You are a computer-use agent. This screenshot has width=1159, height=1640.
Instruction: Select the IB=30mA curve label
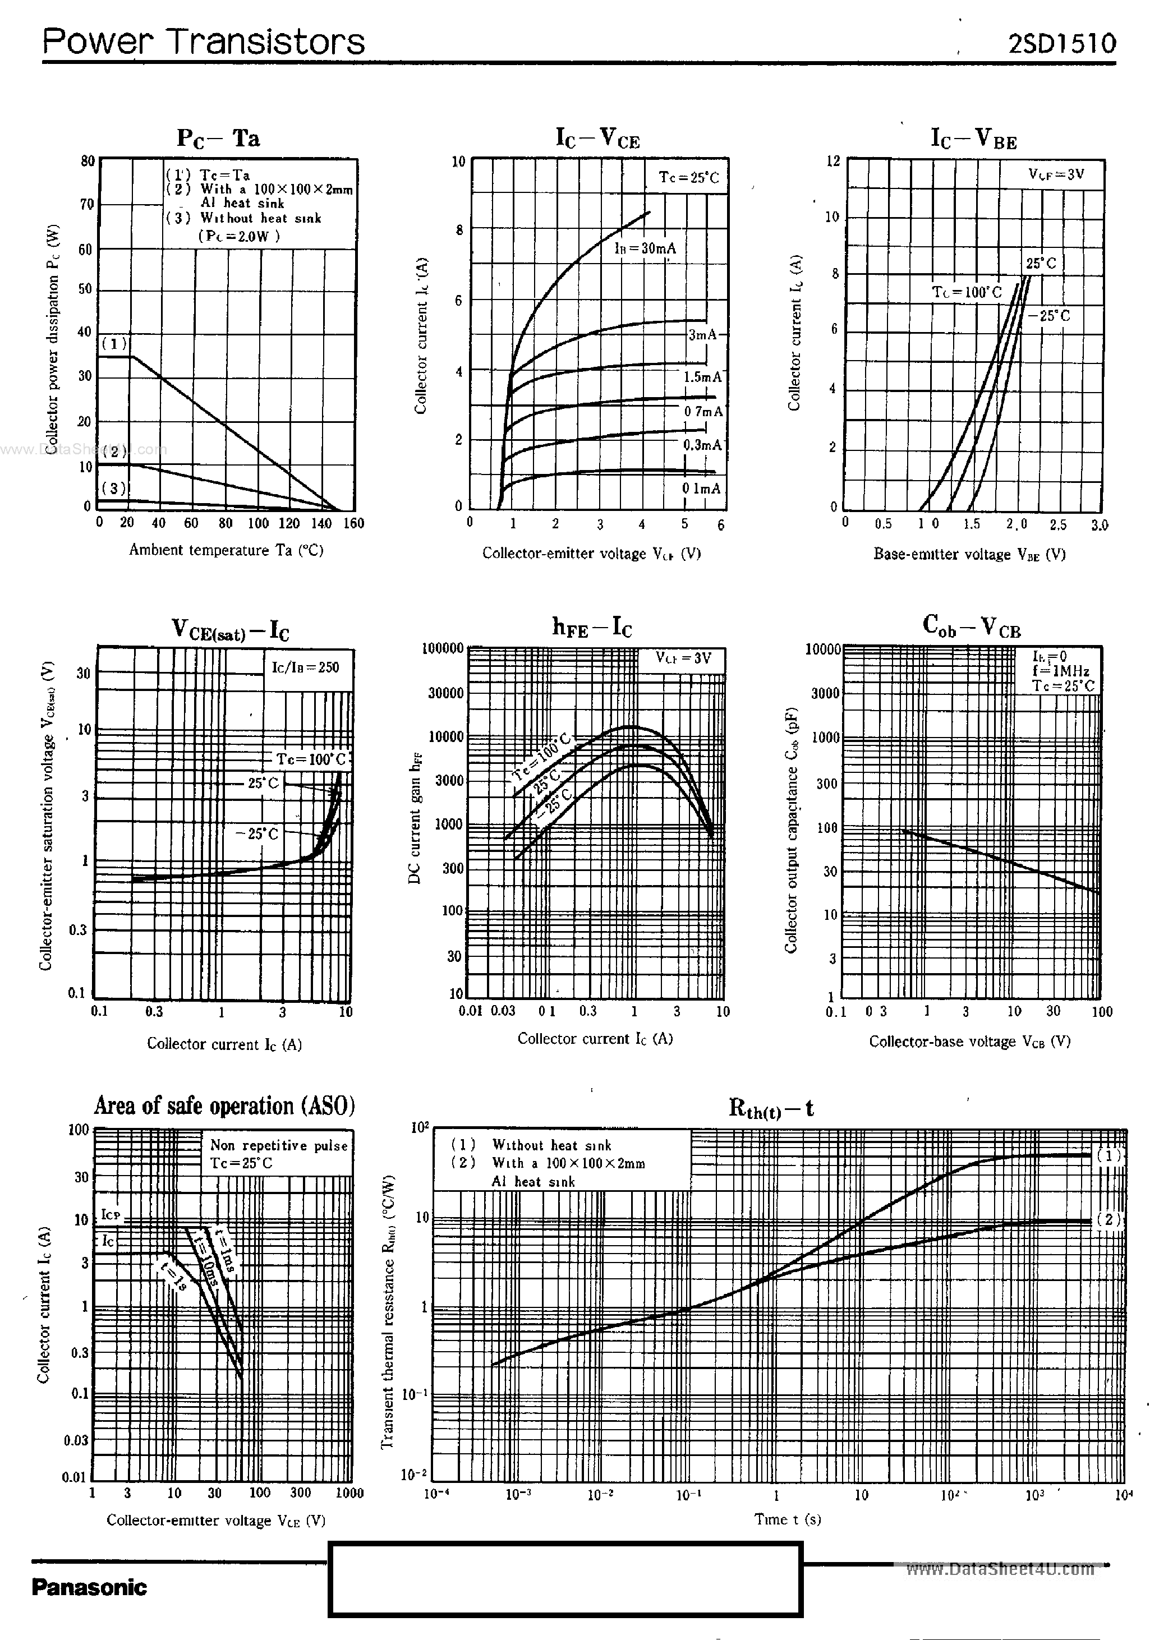tap(645, 248)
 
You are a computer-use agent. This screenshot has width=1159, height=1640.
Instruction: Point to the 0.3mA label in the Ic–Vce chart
tap(702, 445)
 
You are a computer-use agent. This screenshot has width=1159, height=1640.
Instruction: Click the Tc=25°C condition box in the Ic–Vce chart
tap(689, 177)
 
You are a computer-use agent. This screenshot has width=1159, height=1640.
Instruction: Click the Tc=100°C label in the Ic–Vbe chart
tap(966, 292)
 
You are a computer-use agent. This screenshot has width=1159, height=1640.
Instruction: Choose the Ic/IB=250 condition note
tap(305, 667)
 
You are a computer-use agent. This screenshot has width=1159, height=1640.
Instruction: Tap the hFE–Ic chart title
tap(592, 627)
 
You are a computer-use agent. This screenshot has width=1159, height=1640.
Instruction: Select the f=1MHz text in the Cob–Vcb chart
tap(1060, 671)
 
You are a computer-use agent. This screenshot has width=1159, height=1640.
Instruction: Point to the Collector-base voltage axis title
tap(969, 1042)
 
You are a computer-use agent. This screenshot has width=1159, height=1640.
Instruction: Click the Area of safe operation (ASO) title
tap(224, 1105)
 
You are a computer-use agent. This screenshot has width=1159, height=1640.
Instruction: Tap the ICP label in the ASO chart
tap(110, 1214)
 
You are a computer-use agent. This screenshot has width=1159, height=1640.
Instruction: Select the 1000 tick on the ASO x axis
tap(349, 1493)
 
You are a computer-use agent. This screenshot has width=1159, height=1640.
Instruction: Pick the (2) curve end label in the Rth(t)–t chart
tap(1109, 1219)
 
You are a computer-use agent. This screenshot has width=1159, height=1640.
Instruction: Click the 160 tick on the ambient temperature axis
tap(353, 523)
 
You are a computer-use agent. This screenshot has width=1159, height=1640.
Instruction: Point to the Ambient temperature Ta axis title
tap(226, 550)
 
